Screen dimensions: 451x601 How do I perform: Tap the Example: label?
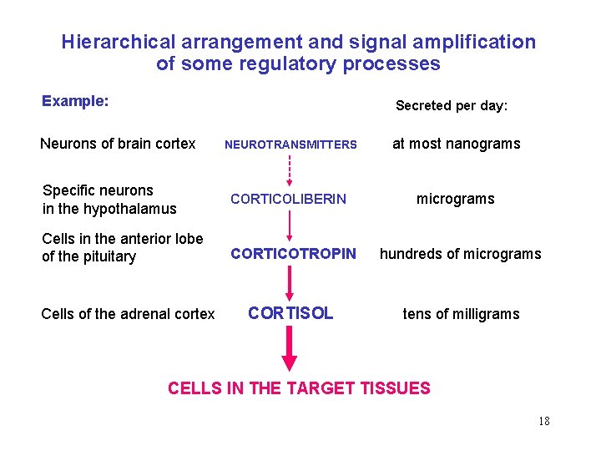pyautogui.click(x=75, y=101)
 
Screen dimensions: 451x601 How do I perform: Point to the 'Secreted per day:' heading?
pyautogui.click(x=452, y=105)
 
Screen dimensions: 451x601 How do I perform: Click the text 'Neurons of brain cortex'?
pyautogui.click(x=118, y=144)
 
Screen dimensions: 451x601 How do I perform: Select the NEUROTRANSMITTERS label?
pyautogui.click(x=290, y=144)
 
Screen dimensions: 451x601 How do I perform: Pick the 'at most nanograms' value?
pyautogui.click(x=456, y=144)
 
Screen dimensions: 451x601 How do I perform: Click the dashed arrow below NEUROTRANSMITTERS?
pyautogui.click(x=290, y=170)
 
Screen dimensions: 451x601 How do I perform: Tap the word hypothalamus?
pyautogui.click(x=135, y=209)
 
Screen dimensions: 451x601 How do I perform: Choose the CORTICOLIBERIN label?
pyautogui.click(x=288, y=199)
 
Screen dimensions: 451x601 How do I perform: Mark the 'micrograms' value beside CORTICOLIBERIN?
pyautogui.click(x=456, y=199)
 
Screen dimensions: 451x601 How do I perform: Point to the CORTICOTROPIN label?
pyautogui.click(x=293, y=253)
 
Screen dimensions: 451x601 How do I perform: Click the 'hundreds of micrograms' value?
pyautogui.click(x=461, y=254)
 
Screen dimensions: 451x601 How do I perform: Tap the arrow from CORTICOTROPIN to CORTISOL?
pyautogui.click(x=290, y=282)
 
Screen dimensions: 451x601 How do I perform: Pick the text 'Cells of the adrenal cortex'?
pyautogui.click(x=128, y=314)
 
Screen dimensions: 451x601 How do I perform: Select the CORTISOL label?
pyautogui.click(x=290, y=313)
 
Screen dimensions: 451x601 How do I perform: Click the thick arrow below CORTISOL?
pyautogui.click(x=290, y=349)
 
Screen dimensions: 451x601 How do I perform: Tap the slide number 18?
pyautogui.click(x=544, y=421)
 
